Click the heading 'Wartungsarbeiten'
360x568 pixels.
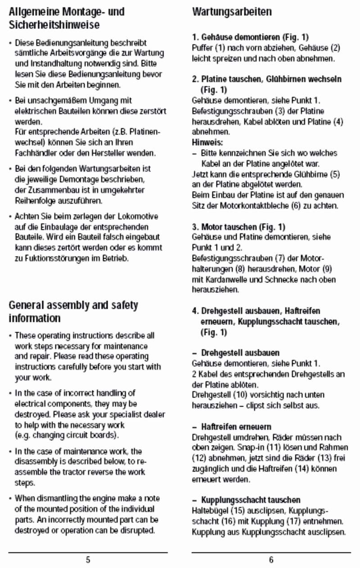point(232,12)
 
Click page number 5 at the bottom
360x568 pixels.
point(88,560)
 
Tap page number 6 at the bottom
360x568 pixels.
point(271,560)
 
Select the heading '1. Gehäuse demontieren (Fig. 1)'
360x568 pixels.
point(250,37)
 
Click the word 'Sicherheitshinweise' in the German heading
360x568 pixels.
point(54,25)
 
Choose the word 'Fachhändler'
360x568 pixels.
point(35,153)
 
